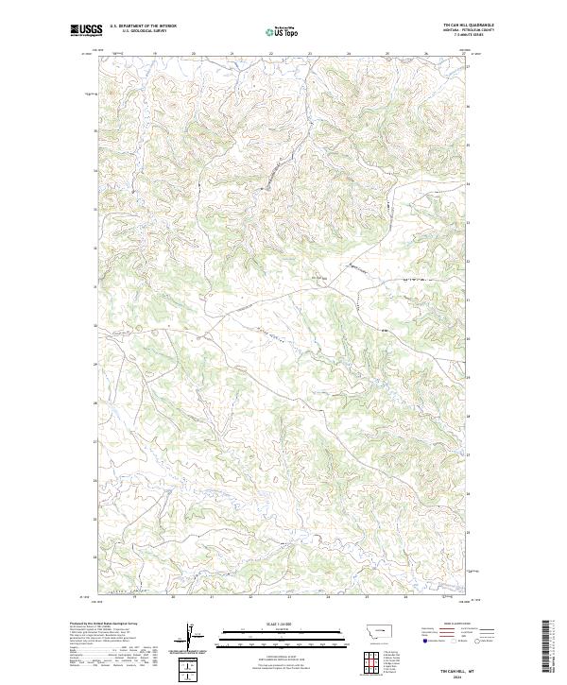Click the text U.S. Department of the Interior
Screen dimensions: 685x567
coord(143,26)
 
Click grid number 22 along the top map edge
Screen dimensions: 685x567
coord(271,54)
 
